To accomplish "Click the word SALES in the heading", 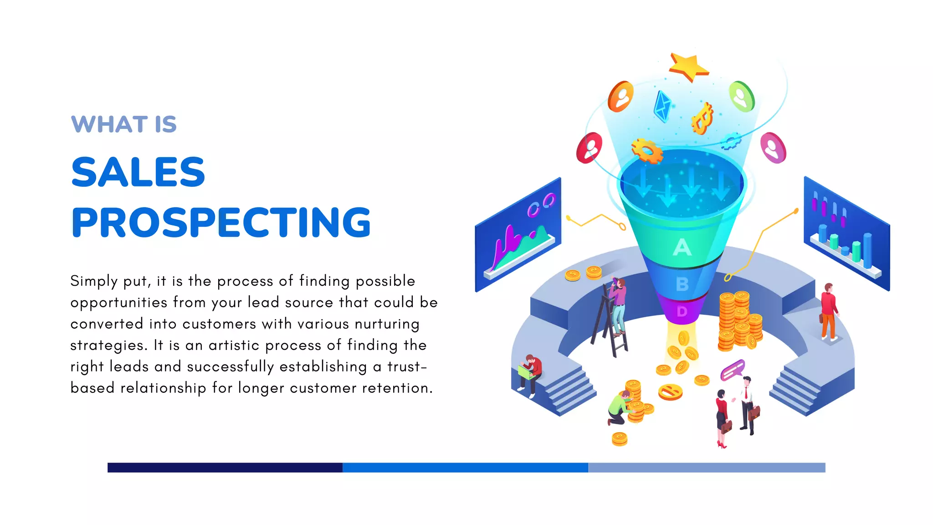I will (138, 172).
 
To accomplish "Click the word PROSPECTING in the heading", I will (221, 222).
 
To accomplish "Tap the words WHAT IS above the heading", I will (124, 124).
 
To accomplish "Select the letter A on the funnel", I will (682, 247).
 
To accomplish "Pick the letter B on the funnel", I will (682, 284).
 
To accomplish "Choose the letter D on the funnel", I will (682, 312).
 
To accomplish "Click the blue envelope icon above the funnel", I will (663, 106).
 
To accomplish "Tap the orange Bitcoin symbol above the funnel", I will (702, 119).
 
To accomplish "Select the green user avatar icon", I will (741, 97).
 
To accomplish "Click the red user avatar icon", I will (590, 148).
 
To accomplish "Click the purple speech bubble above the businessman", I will (733, 370).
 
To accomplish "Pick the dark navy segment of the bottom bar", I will (225, 468).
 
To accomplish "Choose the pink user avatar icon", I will (773, 148).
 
